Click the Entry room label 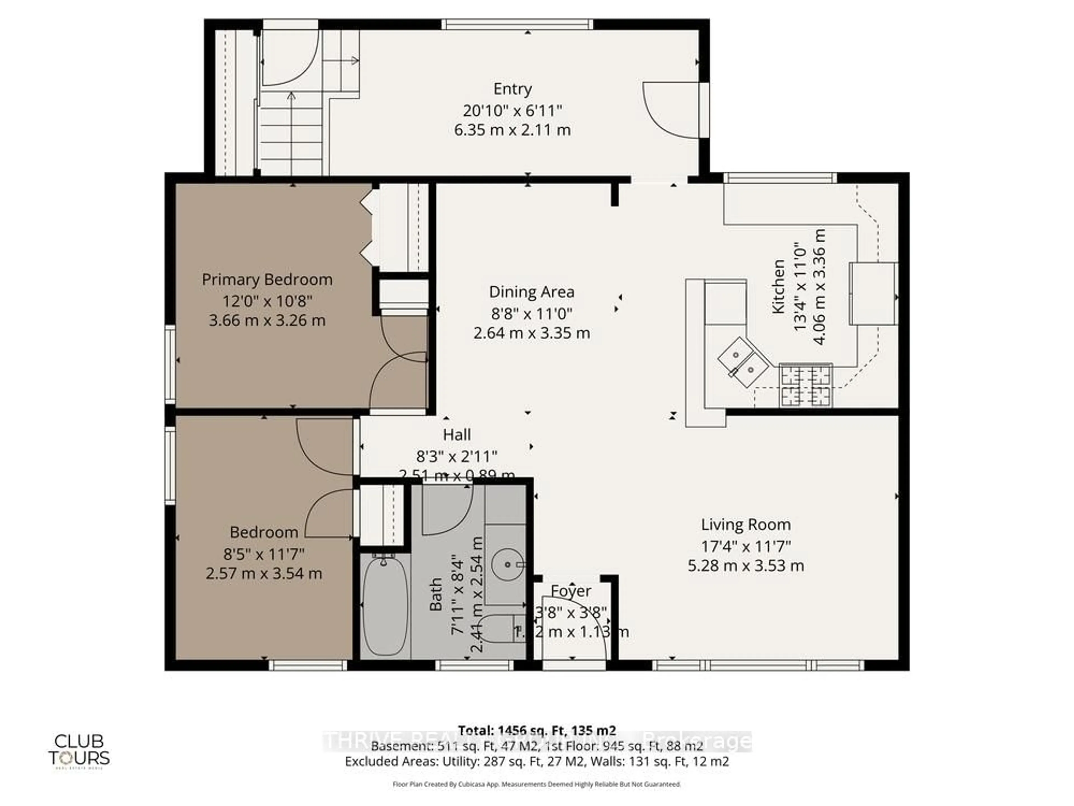(x=512, y=89)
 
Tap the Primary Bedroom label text (x=267, y=280)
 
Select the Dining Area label (x=531, y=292)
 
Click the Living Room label (x=745, y=525)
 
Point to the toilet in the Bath (x=500, y=629)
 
